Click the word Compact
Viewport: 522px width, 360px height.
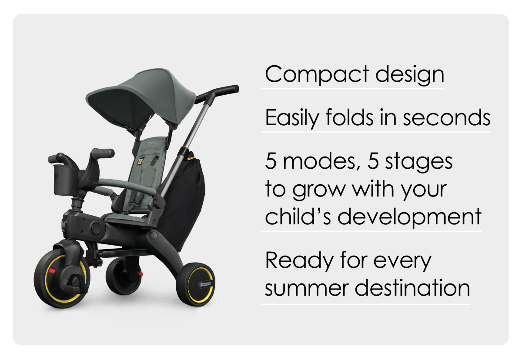pyautogui.click(x=317, y=74)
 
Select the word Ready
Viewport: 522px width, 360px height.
pyautogui.click(x=299, y=261)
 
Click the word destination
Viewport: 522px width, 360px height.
pyautogui.click(x=412, y=287)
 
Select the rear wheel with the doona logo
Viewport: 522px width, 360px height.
pyautogui.click(x=195, y=284)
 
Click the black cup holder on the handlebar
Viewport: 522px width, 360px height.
pyautogui.click(x=64, y=180)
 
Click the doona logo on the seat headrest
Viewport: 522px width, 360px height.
pyautogui.click(x=151, y=143)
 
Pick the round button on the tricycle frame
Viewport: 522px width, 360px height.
pyautogui.click(x=96, y=228)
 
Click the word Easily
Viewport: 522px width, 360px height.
pyautogui.click(x=292, y=117)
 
